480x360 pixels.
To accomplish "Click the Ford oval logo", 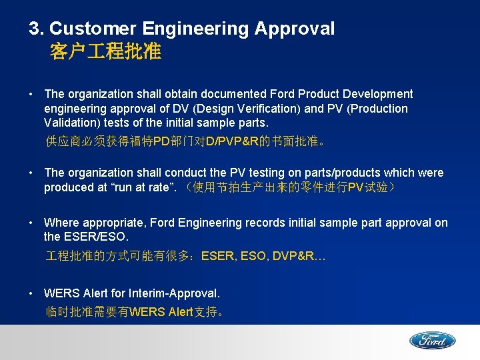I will (x=432, y=341).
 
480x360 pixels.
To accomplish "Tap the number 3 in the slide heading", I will (x=33, y=29).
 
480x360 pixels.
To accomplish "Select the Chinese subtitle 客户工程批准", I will (x=105, y=52).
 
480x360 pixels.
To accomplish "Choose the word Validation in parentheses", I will (x=74, y=123).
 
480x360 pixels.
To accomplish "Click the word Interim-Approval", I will (x=177, y=293).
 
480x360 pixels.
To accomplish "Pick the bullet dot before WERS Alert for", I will (x=33, y=293).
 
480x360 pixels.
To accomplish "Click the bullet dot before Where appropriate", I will (x=33, y=223).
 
